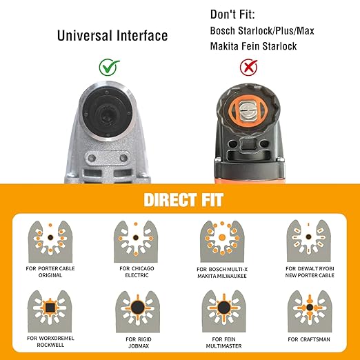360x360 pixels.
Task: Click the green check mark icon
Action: (x=109, y=67)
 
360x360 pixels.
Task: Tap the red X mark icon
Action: (x=249, y=67)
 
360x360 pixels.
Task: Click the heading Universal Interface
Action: (x=112, y=36)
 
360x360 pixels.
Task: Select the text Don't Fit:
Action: (x=232, y=14)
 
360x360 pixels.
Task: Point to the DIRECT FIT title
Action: (x=183, y=200)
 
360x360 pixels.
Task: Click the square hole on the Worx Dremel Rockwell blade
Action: (x=50, y=307)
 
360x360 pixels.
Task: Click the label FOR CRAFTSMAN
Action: (x=309, y=339)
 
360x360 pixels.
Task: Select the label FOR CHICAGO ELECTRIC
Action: (x=137, y=272)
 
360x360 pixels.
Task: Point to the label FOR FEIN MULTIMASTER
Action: (x=223, y=343)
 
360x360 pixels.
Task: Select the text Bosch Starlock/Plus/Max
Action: (x=262, y=31)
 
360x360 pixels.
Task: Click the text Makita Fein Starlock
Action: (x=253, y=46)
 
